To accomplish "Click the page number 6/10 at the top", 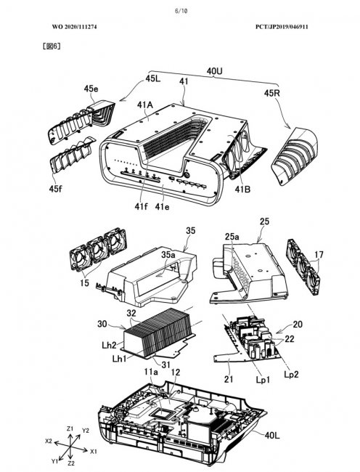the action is tap(181, 11).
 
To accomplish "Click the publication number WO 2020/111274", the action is tap(74, 27).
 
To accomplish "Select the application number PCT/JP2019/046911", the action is tap(282, 27).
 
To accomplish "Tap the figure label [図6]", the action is tap(52, 46).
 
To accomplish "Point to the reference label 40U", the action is tap(214, 71).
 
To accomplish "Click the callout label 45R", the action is tap(272, 94).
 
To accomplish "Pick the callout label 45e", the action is tap(91, 89).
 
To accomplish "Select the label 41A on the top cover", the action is tap(145, 105).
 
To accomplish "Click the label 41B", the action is tap(242, 190).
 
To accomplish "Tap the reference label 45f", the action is tap(56, 189).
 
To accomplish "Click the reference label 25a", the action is tap(232, 237).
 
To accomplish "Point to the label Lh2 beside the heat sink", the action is tap(109, 345).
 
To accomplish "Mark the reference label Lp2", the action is tap(291, 374).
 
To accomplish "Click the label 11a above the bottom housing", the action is tap(151, 373).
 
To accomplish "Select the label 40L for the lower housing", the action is tap(272, 435).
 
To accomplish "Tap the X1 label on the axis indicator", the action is tap(94, 451).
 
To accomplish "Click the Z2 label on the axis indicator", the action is tap(71, 463).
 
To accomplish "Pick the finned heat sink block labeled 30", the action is tap(158, 334).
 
